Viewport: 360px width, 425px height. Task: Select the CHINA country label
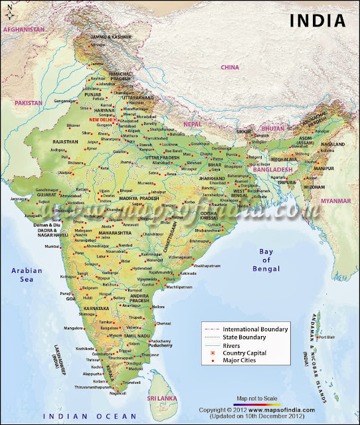click(230, 67)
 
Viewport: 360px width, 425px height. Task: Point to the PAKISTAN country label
click(29, 103)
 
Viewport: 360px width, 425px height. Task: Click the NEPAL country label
click(193, 124)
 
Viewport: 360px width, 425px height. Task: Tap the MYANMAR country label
click(335, 200)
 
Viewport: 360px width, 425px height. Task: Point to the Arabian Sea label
click(27, 275)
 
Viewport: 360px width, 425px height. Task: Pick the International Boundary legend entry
click(255, 329)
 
